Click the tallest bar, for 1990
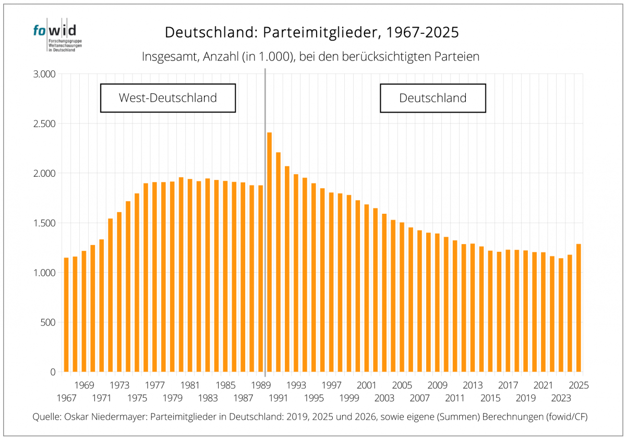click(x=269, y=252)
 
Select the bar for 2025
click(x=579, y=308)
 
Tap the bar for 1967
click(x=66, y=315)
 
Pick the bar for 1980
click(x=181, y=275)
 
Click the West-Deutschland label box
click(x=168, y=98)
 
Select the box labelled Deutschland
click(x=433, y=98)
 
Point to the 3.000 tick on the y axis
click(x=44, y=74)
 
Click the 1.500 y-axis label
click(x=44, y=223)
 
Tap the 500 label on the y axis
click(x=48, y=323)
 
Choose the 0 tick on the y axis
click(x=53, y=372)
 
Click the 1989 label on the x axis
click(x=261, y=385)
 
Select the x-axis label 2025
click(x=579, y=385)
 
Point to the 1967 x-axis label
click(x=67, y=398)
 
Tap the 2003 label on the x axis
click(x=384, y=398)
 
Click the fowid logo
click(x=57, y=34)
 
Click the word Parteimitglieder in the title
click(x=321, y=32)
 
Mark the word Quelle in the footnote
click(x=47, y=417)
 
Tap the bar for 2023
click(x=561, y=315)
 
